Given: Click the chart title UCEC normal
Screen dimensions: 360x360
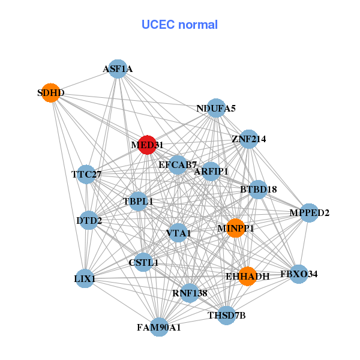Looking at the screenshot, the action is coord(179,25).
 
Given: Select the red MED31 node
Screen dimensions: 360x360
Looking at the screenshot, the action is coord(147,145).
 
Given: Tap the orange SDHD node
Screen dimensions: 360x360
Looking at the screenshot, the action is coord(51,93).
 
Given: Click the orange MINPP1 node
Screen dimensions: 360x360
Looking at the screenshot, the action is coord(236,228).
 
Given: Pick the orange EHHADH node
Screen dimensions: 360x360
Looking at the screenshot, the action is coord(247,276).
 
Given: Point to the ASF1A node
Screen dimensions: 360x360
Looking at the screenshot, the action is coord(118,69).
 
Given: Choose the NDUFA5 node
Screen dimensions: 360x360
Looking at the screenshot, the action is coord(216,108).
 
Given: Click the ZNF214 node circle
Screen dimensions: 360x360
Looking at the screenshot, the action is coord(248,139).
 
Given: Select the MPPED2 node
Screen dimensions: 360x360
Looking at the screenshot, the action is coord(309,212).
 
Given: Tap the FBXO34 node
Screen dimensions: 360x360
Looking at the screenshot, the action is coord(298,274).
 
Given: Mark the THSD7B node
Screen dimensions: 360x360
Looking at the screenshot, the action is coord(226,315).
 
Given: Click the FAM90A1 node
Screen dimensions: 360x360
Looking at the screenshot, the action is coord(159,327).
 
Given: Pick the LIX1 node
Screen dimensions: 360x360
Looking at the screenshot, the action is coord(85,279).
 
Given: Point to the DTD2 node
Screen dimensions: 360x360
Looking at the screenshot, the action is coord(89,221).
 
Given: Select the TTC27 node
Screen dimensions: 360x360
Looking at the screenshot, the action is coord(86,175).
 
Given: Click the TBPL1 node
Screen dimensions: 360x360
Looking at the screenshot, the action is coord(138,201).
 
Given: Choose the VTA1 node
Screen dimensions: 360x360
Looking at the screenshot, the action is coord(178,232).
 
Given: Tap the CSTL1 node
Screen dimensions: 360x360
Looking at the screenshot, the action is coord(143,262).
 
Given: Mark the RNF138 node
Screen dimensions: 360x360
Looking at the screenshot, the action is coord(190,293).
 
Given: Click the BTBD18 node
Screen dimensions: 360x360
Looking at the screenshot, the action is coord(258,190).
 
